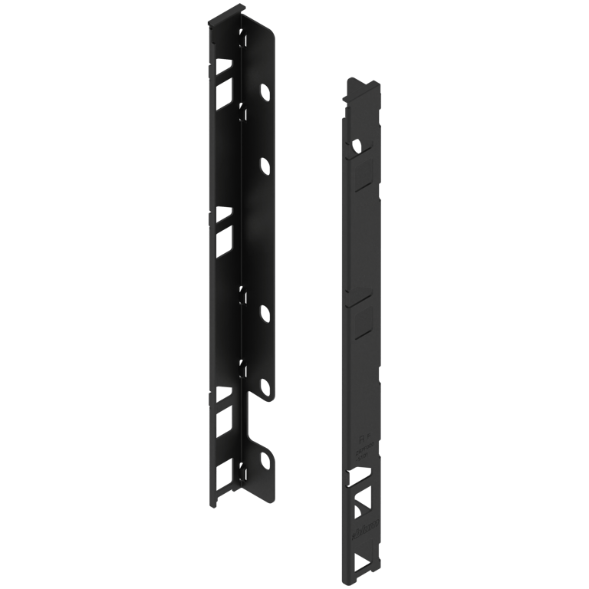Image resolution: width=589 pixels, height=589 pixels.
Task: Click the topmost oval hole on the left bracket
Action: coord(265,93)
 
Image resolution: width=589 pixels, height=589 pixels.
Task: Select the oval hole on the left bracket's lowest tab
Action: coord(266,462)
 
